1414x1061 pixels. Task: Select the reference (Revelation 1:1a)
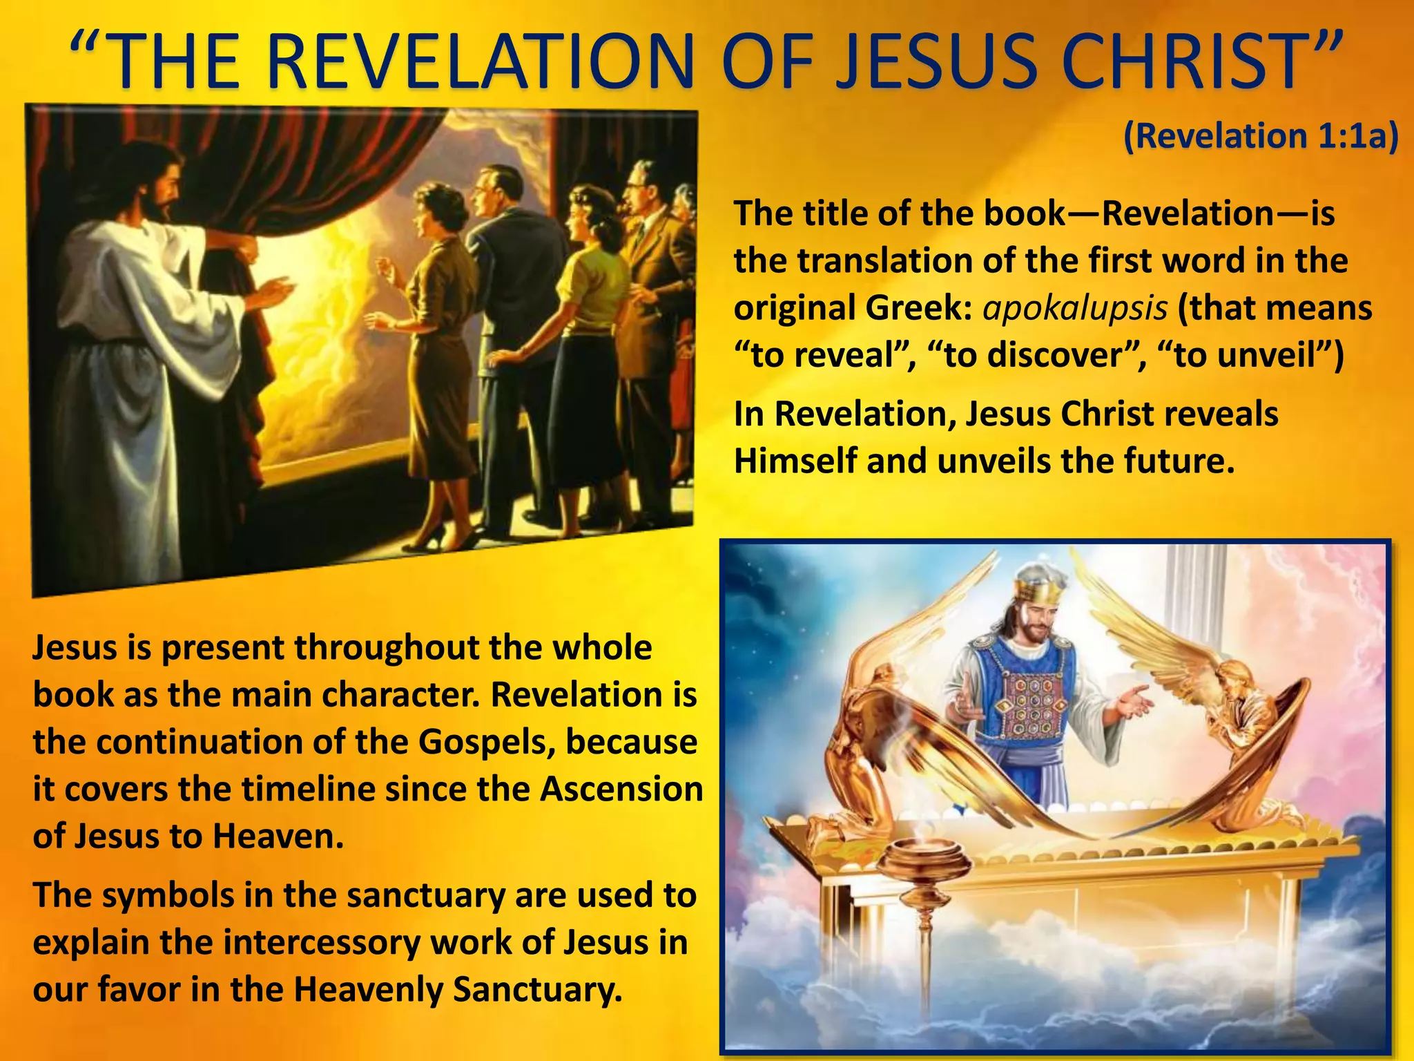tap(1261, 136)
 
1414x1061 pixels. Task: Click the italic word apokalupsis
tap(1075, 308)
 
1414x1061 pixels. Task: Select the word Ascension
tap(621, 789)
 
